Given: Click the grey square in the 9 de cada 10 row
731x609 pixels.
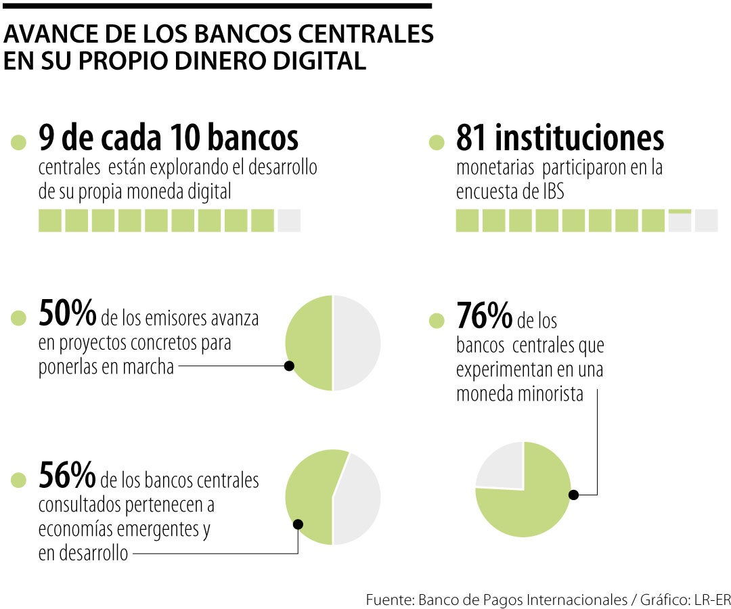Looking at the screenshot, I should (289, 221).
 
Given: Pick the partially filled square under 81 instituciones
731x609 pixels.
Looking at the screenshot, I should (680, 221).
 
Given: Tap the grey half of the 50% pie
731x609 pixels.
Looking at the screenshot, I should (357, 343).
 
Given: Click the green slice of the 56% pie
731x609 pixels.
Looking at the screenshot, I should (311, 494).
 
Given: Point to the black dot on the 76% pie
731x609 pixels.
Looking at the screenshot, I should (573, 495).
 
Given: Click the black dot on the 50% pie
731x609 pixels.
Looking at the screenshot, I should (289, 365).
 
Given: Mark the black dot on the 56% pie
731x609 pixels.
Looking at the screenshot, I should (298, 524).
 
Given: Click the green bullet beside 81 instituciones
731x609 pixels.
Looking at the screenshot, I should (437, 142).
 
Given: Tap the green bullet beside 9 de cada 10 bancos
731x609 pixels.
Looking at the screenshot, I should (19, 142).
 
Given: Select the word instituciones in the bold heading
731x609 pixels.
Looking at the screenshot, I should (579, 138).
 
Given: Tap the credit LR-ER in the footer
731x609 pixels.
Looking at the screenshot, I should (713, 600).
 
